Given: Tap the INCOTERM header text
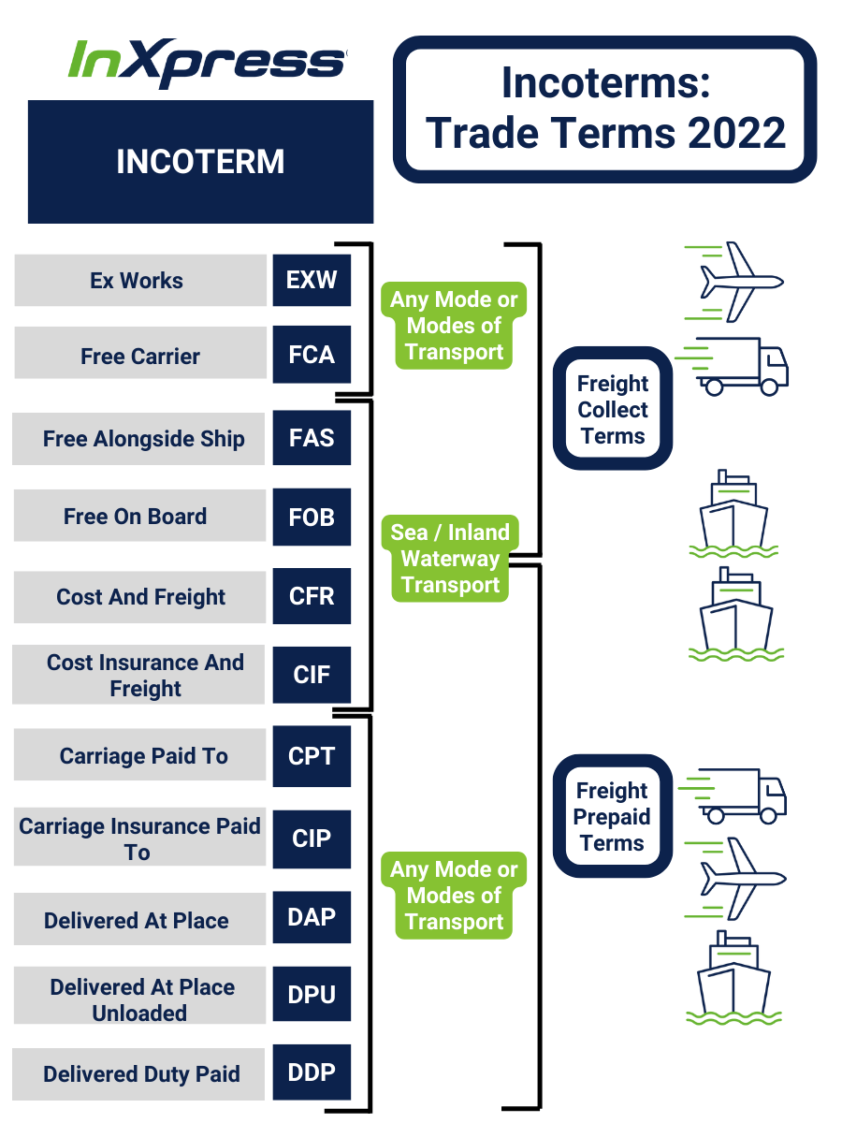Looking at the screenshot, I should (200, 162).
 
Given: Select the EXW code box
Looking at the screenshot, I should (312, 280).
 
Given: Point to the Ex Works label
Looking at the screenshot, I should (138, 281).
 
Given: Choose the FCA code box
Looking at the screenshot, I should (312, 356).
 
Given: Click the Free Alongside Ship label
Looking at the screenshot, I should (143, 439).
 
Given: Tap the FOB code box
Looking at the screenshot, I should (312, 517).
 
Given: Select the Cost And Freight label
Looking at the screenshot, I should (140, 597).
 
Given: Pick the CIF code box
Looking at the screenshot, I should (312, 675).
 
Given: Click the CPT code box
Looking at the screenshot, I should (312, 756).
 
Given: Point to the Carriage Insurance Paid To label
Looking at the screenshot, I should (139, 839).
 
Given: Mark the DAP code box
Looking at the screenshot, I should (312, 917).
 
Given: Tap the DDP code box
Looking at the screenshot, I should (312, 1072).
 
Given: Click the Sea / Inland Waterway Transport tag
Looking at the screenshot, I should (451, 559).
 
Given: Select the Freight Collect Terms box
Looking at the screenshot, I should (613, 409).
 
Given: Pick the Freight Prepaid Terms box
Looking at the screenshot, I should (612, 816).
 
